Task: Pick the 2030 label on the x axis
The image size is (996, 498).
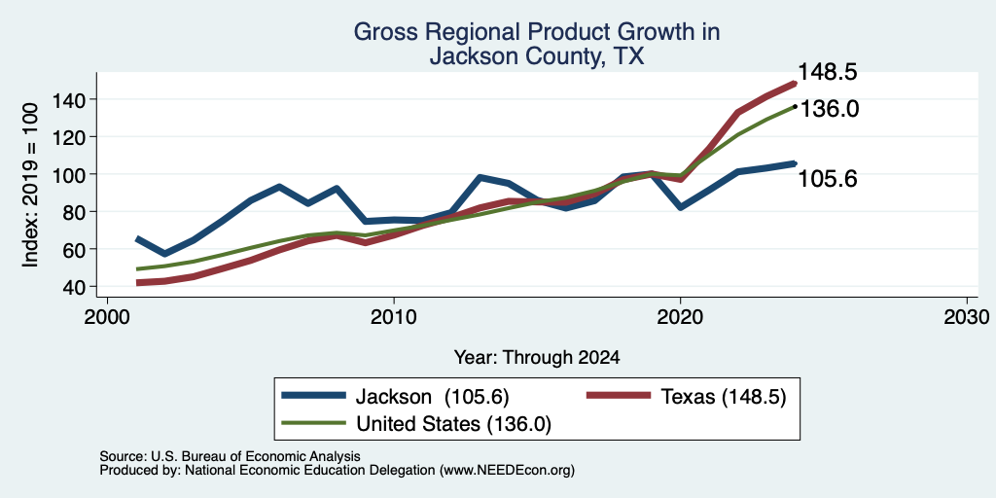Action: point(967,317)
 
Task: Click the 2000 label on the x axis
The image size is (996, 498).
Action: point(107,317)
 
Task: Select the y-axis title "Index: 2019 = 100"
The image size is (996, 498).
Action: point(30,186)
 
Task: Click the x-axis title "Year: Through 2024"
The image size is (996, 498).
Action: point(537,358)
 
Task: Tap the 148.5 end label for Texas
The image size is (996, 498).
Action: point(827,72)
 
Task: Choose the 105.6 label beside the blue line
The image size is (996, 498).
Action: point(827,179)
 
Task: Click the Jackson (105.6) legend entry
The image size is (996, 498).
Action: point(395,397)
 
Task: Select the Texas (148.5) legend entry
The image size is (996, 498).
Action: point(686,397)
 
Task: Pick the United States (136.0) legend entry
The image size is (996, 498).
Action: point(416,424)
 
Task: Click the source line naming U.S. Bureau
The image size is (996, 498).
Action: point(230,456)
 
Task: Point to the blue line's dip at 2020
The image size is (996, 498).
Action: point(680,208)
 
